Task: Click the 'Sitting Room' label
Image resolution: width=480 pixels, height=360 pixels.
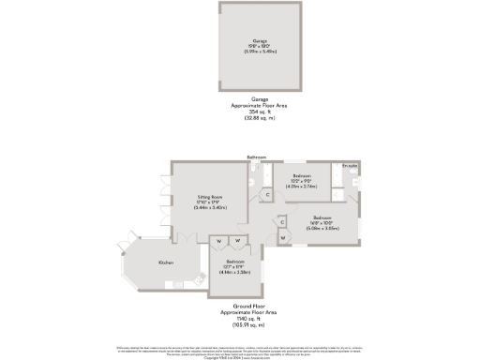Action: (x=207, y=197)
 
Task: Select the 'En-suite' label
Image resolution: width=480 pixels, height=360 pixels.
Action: (x=350, y=166)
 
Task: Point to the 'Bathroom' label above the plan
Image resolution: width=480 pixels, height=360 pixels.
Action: (x=257, y=157)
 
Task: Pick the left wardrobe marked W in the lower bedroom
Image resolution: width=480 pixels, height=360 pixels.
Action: (x=218, y=241)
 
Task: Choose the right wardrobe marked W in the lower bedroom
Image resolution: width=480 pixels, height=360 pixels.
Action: (x=238, y=241)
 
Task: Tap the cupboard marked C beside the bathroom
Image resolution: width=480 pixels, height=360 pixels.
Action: (x=267, y=195)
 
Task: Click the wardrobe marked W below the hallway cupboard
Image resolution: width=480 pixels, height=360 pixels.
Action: (x=282, y=237)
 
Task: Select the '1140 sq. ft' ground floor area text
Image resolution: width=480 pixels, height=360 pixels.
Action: (x=234, y=320)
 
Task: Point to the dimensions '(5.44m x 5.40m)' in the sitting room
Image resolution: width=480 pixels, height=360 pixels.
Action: (x=207, y=207)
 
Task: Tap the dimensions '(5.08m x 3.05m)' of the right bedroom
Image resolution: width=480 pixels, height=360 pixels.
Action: (x=326, y=228)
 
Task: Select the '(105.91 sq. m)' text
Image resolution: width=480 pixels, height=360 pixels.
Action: (x=234, y=324)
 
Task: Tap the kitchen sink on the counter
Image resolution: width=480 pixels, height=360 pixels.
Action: (x=198, y=277)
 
